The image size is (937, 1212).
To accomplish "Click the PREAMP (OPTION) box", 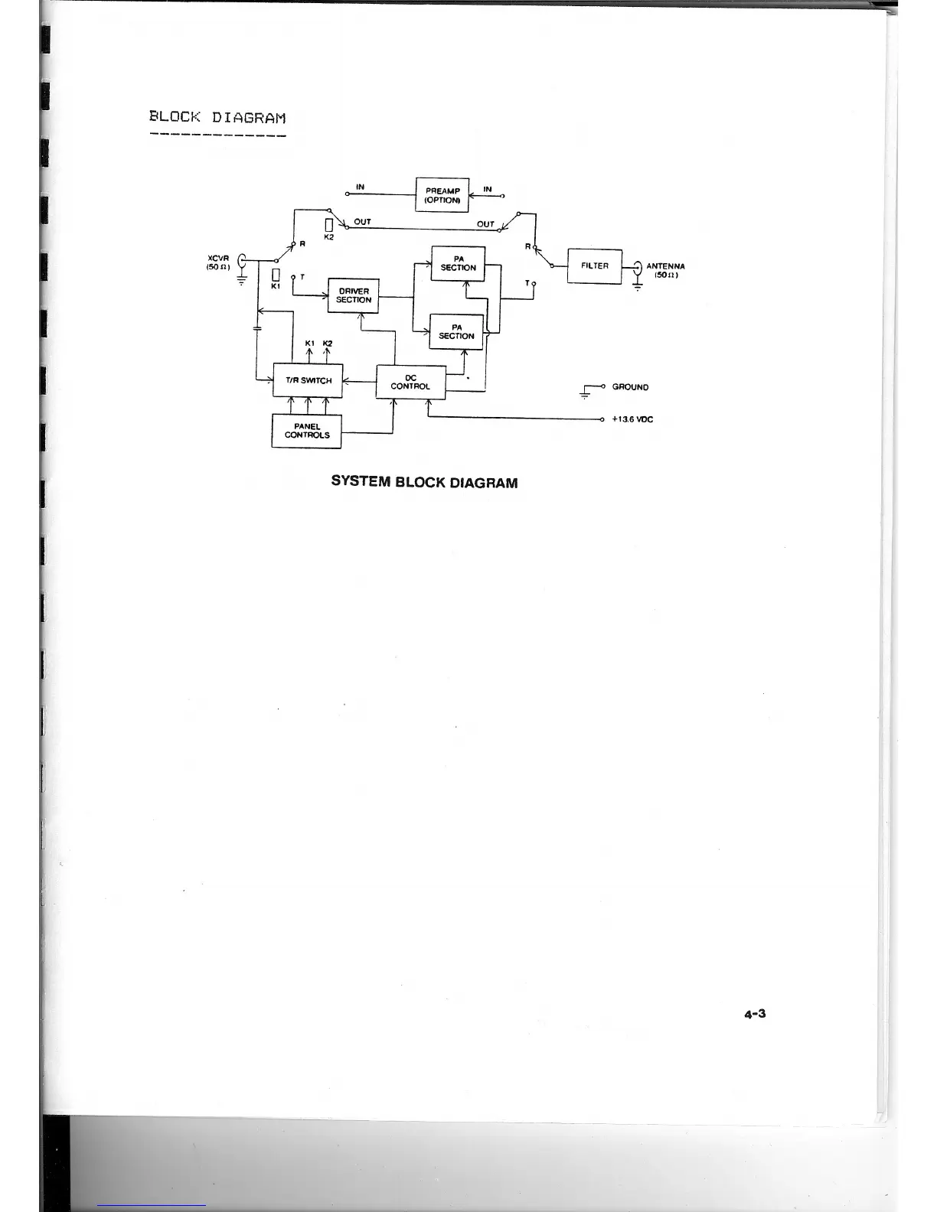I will pos(442,195).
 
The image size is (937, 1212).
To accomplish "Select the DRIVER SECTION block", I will pos(353,295).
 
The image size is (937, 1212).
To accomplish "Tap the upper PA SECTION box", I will pos(458,263).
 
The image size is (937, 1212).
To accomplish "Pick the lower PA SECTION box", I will pos(456,331).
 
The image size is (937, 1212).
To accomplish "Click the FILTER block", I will pos(594,266).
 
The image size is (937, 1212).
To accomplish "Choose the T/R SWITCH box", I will pos(308,380).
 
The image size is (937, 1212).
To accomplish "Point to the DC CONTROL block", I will pos(410,382).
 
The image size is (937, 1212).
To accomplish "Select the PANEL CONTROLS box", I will pos(306,431).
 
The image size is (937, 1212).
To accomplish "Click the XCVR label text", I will pos(219,258).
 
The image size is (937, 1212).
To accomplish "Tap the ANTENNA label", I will pos(665,266).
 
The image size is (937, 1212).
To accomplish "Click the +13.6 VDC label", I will pos(632,419).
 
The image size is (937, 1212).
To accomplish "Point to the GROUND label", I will pos(630,387).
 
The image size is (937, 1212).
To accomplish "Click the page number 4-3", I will pos(755,1014).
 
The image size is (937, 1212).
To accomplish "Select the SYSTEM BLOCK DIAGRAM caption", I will pos(424,483).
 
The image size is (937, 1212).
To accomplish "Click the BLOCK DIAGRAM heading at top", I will pos(217,118).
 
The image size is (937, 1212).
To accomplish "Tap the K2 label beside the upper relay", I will pos(329,238).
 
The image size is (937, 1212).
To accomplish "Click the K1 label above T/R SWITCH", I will pos(309,343).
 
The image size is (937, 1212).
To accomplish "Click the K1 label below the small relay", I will pos(276,286).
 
